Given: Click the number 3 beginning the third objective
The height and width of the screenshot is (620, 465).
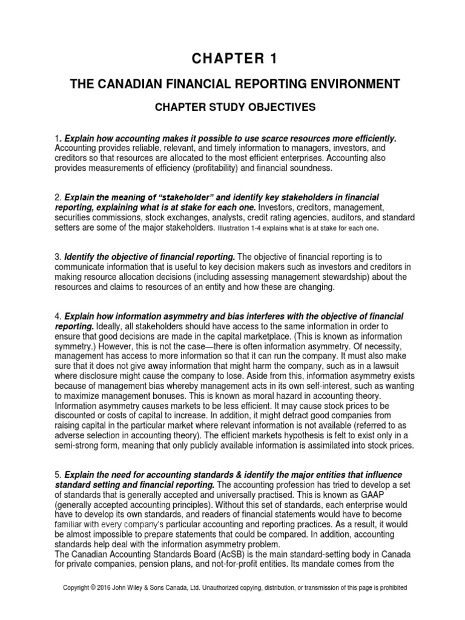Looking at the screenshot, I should click(x=56, y=256).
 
